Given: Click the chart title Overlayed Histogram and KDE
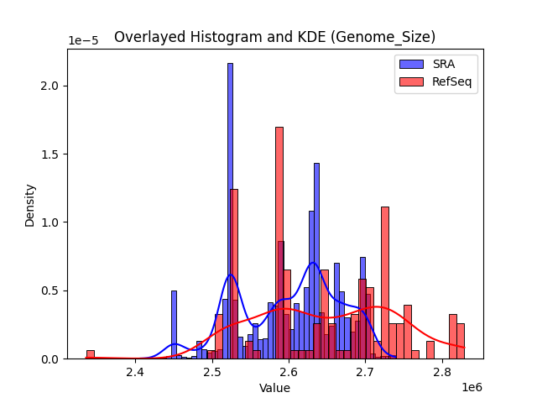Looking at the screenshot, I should (274, 37).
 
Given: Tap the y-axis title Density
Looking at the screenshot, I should (30, 205).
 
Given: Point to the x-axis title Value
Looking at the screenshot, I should (274, 388).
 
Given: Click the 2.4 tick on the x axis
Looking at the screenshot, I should (135, 372).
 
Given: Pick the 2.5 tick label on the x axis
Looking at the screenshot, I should (212, 372).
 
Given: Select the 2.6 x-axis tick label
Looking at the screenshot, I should (289, 372).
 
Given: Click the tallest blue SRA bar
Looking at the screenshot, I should (230, 210).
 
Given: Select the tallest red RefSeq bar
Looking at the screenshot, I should (279, 243).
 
